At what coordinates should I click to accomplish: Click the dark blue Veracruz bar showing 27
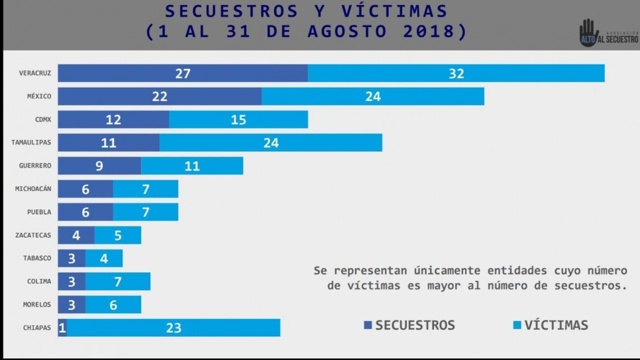coord(182,73)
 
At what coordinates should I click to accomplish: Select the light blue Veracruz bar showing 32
coord(456,73)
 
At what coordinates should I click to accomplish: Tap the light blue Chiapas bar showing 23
coord(173,327)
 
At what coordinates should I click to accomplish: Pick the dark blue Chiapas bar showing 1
coord(62,327)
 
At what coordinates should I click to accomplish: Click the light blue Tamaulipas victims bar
coord(271,143)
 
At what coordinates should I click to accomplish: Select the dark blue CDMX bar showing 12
coord(113,119)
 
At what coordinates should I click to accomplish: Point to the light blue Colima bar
coord(118,281)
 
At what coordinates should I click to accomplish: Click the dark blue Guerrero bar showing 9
coord(99,166)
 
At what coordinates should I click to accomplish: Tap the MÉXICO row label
coord(39,96)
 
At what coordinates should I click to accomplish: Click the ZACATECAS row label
coord(33,235)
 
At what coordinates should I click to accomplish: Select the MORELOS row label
coord(36,304)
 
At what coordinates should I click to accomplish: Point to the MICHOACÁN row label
coord(33,189)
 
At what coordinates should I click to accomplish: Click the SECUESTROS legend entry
coord(409,325)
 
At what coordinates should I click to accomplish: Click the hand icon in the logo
coord(587,32)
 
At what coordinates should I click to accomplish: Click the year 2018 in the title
coord(435,31)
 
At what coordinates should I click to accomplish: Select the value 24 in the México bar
coord(373,96)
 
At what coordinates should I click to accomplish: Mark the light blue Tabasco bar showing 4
coord(104,258)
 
